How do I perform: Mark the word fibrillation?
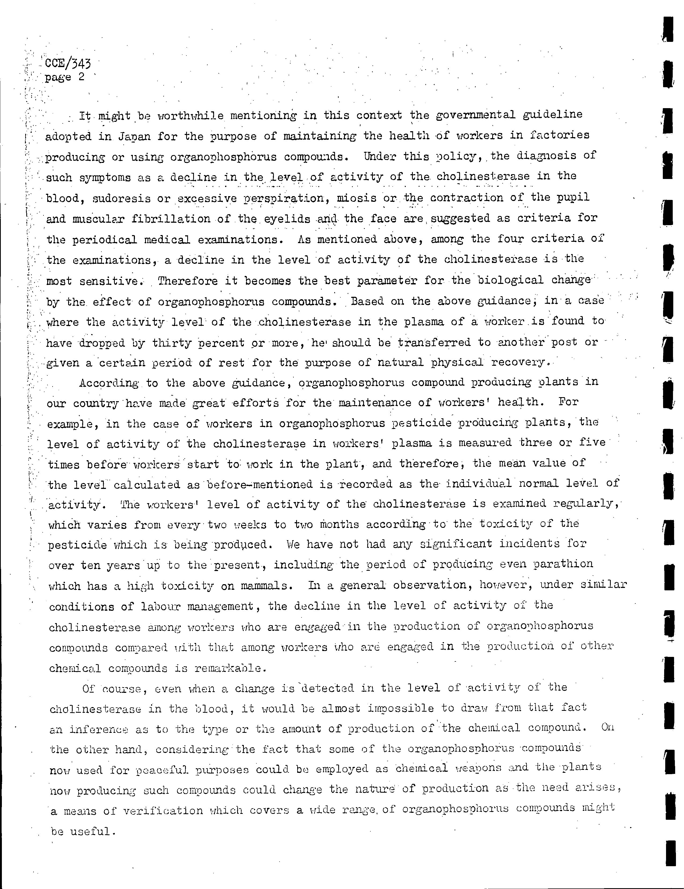click(171, 219)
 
